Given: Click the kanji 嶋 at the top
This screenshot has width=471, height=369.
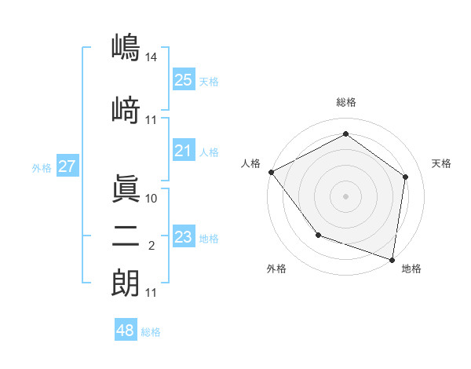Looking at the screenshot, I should tap(125, 47).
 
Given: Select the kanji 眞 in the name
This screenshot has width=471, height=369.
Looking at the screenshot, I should tap(125, 188).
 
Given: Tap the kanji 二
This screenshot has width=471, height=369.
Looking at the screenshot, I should tap(125, 236).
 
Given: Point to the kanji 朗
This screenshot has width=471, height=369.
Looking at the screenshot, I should tap(125, 283).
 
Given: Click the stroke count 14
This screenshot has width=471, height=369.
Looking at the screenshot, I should tap(152, 57).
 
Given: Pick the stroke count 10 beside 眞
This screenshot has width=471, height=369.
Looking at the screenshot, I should tap(152, 199).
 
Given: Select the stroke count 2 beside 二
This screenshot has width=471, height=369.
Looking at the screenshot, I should tap(152, 246).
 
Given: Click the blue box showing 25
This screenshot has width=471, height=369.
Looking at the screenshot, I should tap(183, 80).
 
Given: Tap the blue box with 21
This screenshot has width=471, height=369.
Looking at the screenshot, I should tap(183, 151).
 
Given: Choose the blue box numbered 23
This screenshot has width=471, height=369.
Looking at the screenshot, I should tap(183, 237).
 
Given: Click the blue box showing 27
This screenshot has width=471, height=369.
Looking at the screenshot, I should tap(67, 166).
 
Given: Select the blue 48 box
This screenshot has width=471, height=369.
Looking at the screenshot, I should tap(126, 331).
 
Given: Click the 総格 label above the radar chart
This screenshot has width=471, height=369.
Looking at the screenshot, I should tap(345, 102).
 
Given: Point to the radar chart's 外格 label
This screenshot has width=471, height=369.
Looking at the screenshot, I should tap(277, 269).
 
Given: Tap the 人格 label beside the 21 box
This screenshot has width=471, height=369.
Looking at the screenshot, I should tap(209, 152).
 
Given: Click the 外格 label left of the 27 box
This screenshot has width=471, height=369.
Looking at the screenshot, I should tap(42, 167).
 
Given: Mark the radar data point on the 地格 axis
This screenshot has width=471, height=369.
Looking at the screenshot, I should tap(392, 259).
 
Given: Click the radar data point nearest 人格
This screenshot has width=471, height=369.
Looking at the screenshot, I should tap(271, 172).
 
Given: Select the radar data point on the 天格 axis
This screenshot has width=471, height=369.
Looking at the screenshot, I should tap(405, 177).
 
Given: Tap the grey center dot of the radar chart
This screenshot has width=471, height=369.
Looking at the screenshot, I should tap(345, 195).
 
